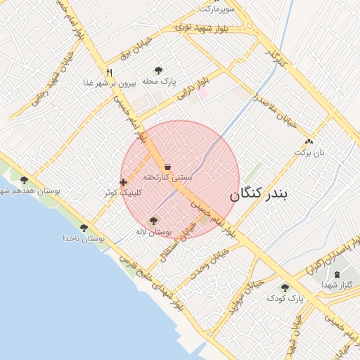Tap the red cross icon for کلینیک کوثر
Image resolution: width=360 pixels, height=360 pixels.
click(x=123, y=182)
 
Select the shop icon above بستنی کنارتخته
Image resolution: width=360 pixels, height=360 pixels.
click(x=167, y=167)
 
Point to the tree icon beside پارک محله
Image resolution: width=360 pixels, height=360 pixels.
click(x=158, y=70)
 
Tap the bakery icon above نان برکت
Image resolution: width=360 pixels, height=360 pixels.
click(x=308, y=141)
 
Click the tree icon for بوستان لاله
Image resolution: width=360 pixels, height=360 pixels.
click(x=153, y=221)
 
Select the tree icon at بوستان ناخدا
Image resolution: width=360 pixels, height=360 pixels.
click(x=84, y=228)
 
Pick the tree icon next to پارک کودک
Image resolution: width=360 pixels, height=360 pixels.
click(x=285, y=288)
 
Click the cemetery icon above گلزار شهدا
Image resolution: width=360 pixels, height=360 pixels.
click(x=336, y=274)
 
